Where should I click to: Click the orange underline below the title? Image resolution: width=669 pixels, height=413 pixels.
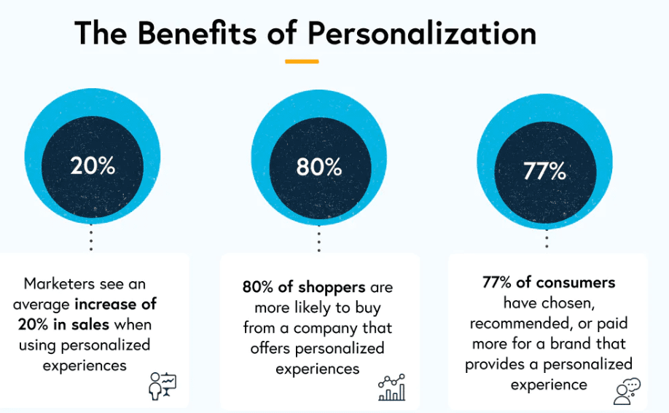tap(302, 61)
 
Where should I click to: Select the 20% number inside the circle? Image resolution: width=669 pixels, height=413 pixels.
tap(93, 165)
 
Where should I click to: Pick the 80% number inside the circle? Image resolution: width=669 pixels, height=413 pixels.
tap(319, 167)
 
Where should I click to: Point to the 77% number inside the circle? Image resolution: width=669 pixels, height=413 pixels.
tap(545, 171)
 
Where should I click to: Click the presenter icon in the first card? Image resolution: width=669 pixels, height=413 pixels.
tap(162, 386)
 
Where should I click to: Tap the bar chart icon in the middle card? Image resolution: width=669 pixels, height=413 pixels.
tap(391, 387)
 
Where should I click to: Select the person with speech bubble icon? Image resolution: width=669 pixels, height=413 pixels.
tap(626, 390)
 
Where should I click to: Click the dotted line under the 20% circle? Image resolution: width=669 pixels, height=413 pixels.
tap(91, 239)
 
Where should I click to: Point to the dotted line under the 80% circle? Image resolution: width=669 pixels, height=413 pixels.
tap(318, 240)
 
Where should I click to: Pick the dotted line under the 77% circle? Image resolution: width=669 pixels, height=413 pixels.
tap(547, 240)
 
